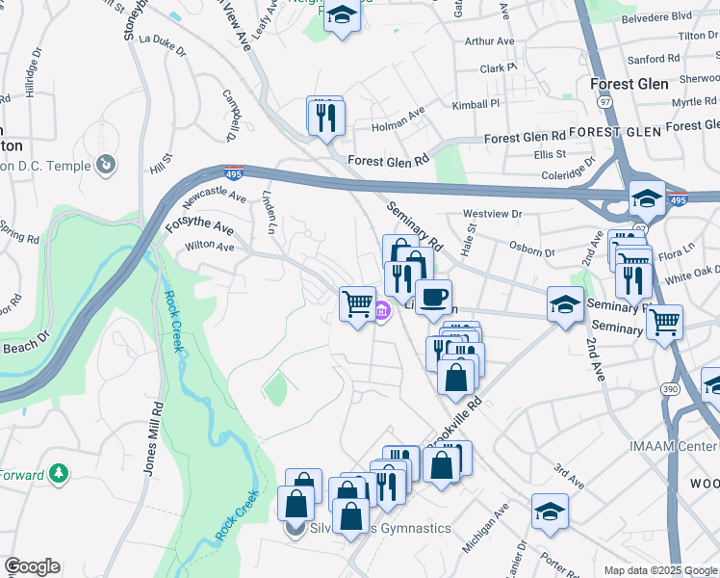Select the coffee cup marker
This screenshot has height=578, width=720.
(433, 297)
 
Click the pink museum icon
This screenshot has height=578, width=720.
(382, 310)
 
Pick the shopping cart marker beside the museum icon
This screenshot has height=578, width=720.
(357, 303)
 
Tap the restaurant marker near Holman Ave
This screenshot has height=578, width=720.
(325, 116)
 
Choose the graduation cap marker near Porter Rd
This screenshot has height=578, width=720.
(550, 512)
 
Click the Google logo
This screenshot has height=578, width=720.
(32, 566)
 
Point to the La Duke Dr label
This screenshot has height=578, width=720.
(161, 39)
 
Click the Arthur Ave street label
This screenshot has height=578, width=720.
(489, 41)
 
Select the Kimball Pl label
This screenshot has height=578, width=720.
(476, 103)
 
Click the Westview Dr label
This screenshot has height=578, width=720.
(492, 214)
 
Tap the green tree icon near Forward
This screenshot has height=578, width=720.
(60, 473)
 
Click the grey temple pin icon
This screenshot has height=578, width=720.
(106, 167)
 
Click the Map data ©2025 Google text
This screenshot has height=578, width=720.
(660, 570)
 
